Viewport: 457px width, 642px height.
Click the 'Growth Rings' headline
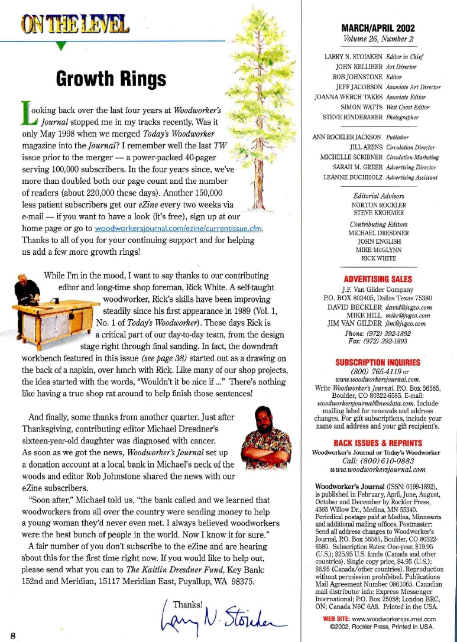(x=111, y=79)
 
